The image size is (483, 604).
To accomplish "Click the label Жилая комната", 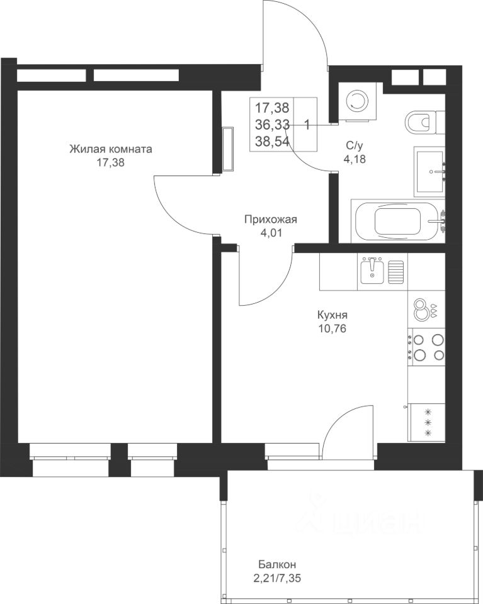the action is click(111, 149).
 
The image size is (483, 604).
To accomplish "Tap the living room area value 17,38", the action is click(111, 163).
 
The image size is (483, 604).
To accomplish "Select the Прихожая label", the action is click(271, 220).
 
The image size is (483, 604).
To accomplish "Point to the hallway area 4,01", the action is click(271, 233).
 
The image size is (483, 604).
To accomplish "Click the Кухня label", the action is click(332, 315).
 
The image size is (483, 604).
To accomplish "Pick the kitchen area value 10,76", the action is click(332, 328).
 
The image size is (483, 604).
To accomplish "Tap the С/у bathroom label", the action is click(355, 145).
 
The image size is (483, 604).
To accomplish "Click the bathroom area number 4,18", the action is click(355, 159).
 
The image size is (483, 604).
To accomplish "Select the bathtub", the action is click(398, 221).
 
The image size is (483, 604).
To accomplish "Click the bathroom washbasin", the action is click(429, 171).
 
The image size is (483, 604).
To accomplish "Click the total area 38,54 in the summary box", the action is click(272, 142).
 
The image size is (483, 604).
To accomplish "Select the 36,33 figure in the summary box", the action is click(272, 125).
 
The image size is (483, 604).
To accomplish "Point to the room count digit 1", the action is click(307, 125).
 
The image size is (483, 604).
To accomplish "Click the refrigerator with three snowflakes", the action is click(426, 423).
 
